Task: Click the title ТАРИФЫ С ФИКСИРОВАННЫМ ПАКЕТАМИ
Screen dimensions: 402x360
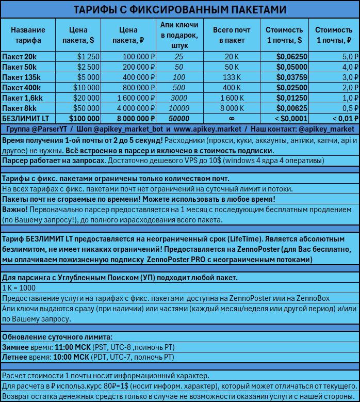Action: coord(179,10)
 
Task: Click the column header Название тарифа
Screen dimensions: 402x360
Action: coord(28,35)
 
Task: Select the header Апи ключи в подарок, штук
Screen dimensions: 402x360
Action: coord(178,35)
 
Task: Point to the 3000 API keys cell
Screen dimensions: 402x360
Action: coord(178,98)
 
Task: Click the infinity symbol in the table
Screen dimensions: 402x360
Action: coord(231,119)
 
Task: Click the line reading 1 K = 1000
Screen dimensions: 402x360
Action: coord(19,288)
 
